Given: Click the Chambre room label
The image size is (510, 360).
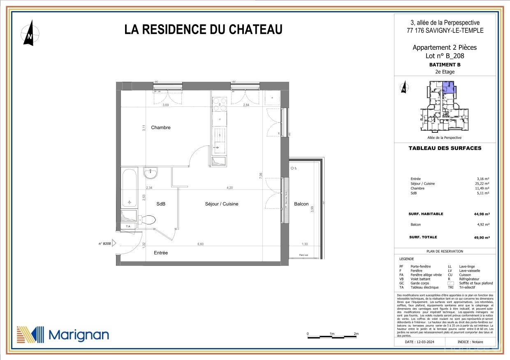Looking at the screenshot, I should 160,127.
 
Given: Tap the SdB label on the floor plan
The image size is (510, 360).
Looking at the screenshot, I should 161,204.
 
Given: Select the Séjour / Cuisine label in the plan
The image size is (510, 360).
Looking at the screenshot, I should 221,204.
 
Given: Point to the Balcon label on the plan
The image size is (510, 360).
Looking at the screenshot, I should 301,204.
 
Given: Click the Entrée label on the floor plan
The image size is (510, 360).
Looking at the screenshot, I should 161,253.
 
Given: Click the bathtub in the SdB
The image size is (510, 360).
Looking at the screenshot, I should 130,188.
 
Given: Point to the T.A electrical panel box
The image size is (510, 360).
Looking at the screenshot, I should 128,226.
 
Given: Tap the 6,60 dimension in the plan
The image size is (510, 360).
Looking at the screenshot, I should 201,245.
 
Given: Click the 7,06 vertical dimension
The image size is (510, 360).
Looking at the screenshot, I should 261,175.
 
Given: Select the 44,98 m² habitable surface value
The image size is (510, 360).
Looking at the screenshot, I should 482,214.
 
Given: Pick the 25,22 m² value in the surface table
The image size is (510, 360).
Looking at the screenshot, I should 482,184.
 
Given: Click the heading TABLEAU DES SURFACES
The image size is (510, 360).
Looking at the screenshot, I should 445,148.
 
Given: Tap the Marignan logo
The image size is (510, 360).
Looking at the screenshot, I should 63,335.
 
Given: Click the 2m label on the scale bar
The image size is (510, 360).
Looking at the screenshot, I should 356,334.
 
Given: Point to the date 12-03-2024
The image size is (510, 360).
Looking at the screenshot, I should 419,342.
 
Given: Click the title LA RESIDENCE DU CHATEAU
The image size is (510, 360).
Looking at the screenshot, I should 203,30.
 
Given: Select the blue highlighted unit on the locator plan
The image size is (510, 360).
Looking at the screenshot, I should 449,88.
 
